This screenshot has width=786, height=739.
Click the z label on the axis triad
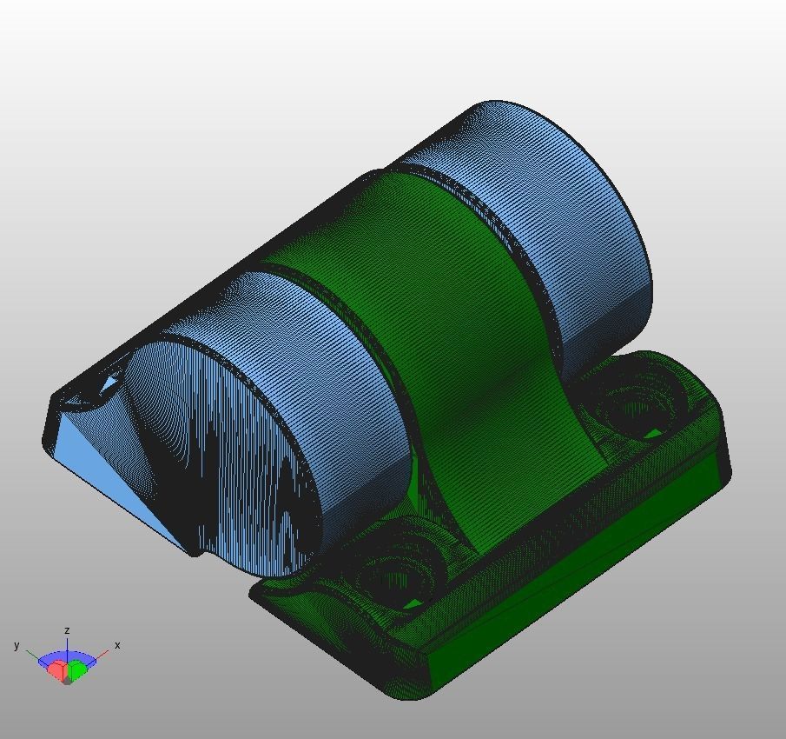coord(67,630)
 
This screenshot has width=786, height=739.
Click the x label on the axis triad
coord(117,645)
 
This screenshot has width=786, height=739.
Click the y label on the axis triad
coord(17,645)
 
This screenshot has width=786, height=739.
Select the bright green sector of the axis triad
coord(77,669)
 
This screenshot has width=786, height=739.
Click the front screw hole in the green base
coord(395,574)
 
